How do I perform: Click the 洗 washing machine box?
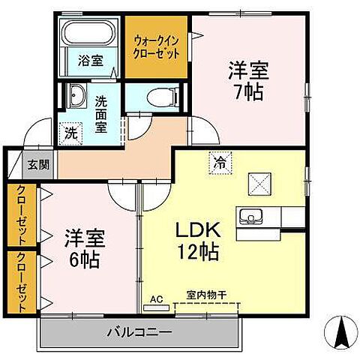click(x=70, y=132)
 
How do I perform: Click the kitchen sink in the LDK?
click(x=250, y=217)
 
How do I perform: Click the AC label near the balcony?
click(x=157, y=298)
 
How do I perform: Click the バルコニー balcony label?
click(x=139, y=331)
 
